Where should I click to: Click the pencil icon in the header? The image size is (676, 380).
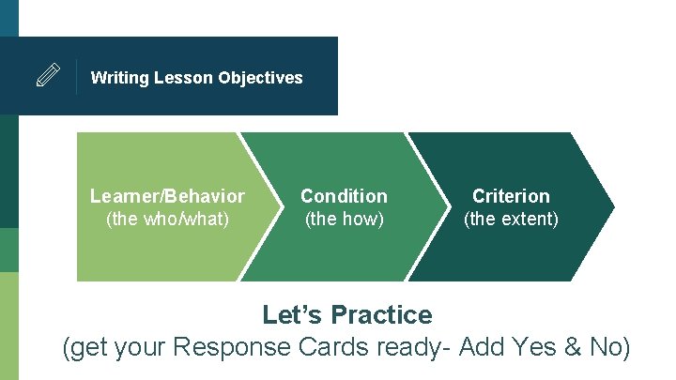click(48, 76)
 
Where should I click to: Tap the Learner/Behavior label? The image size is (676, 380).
click(167, 196)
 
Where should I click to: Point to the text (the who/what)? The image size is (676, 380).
click(167, 220)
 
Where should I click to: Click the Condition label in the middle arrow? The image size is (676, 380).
click(344, 196)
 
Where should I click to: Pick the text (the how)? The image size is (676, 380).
click(344, 220)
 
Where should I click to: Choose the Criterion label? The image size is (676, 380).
click(511, 196)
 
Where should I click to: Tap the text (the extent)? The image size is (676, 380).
click(511, 220)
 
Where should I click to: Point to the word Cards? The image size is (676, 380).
click(335, 347)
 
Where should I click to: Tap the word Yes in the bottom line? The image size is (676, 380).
click(536, 347)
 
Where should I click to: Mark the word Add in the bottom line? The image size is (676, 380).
click(482, 347)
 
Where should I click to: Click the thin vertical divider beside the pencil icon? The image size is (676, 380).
click(76, 76)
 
